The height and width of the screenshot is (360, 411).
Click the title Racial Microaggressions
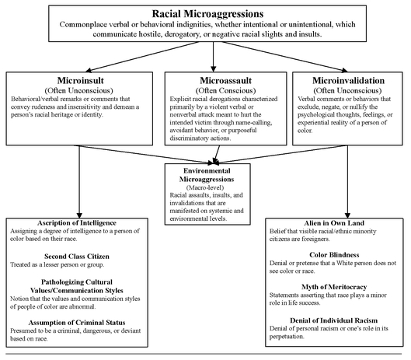coord(207,14)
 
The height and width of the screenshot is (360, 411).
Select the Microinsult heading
coord(81,80)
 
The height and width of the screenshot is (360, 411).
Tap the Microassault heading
coord(225,80)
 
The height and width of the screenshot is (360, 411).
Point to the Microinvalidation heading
coord(348,80)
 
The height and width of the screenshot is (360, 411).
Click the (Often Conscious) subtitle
coord(225,90)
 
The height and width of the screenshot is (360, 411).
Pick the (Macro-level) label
coord(205,187)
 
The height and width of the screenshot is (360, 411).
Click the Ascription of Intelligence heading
coord(77,223)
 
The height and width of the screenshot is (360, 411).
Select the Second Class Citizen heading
coord(77,257)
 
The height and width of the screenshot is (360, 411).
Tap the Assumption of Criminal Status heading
coord(77,323)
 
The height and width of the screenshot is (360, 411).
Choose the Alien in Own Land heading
coord(334,223)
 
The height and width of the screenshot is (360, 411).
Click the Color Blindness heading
coord(334,255)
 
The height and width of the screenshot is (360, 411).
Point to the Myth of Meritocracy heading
coord(334,287)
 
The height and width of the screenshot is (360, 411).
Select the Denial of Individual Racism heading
coord(334,320)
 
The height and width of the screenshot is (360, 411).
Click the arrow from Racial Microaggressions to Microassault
coord(214,57)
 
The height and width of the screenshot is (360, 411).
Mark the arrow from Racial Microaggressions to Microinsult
coord(143,57)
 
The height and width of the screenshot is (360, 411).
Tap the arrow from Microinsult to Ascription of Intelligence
coord(79,182)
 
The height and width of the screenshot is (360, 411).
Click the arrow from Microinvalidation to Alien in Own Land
coord(347,182)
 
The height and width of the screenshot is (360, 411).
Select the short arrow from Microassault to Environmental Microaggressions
coord(217,155)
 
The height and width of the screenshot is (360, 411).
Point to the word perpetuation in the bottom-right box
coord(287,337)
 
